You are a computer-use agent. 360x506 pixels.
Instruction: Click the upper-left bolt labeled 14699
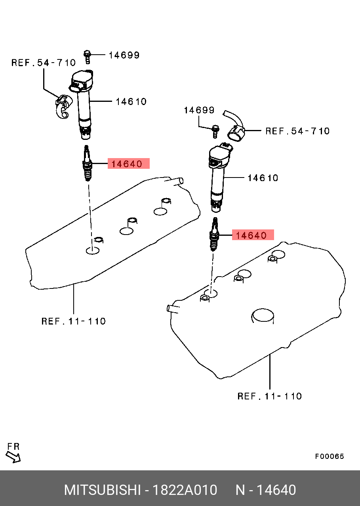[x=87, y=57]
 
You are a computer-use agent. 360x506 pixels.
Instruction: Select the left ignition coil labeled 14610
[x=82, y=104]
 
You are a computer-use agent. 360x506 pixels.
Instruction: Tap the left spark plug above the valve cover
[x=87, y=163]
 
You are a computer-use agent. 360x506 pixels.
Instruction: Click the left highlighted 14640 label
[x=128, y=163]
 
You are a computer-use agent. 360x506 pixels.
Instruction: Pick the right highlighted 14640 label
[x=253, y=235]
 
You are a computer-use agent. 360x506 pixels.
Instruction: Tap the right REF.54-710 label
[x=297, y=131]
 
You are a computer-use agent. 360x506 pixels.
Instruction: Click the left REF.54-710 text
[x=44, y=63]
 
